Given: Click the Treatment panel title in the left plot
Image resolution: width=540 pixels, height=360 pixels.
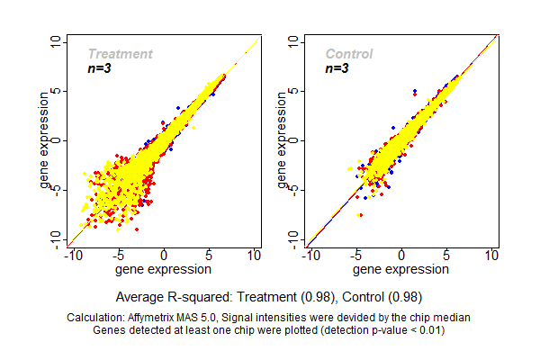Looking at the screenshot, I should (120, 54).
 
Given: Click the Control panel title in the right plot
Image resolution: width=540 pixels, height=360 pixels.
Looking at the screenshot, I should (348, 54).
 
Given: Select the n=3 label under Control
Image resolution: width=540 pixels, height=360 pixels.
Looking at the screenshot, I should (337, 68).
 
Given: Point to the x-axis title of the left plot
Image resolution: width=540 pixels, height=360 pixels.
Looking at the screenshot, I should (165, 269).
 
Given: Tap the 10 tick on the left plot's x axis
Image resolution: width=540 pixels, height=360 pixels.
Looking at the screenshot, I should (255, 256).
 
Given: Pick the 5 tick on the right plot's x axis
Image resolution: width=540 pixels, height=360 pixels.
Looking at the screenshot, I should (446, 256).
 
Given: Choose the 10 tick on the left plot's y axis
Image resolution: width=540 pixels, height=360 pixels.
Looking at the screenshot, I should (58, 41).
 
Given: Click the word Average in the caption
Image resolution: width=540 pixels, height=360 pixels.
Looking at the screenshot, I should (140, 296).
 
